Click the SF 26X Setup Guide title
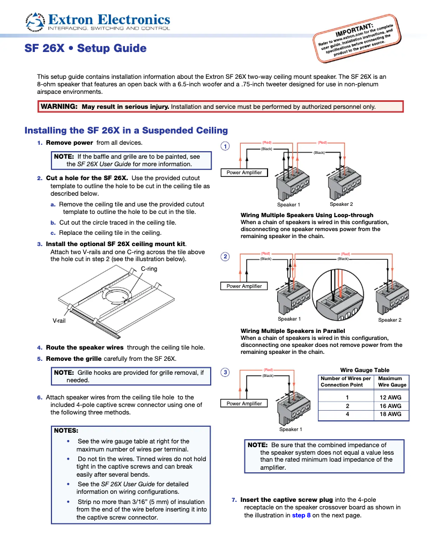(x=85, y=48)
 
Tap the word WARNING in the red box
(x=59, y=107)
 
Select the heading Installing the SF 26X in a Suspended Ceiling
(x=126, y=130)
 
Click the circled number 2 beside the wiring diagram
(x=226, y=257)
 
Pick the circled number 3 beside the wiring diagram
(x=226, y=373)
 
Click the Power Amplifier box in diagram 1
(x=244, y=173)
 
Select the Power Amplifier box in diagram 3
(x=244, y=403)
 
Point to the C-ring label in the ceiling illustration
(x=149, y=269)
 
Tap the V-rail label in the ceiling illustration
(x=60, y=320)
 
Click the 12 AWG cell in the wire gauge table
(x=390, y=397)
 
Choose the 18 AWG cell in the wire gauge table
(x=390, y=414)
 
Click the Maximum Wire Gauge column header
(x=392, y=382)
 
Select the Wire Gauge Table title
(x=365, y=370)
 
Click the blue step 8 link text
(x=301, y=515)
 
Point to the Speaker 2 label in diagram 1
(x=341, y=204)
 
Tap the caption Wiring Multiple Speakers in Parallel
(x=293, y=331)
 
